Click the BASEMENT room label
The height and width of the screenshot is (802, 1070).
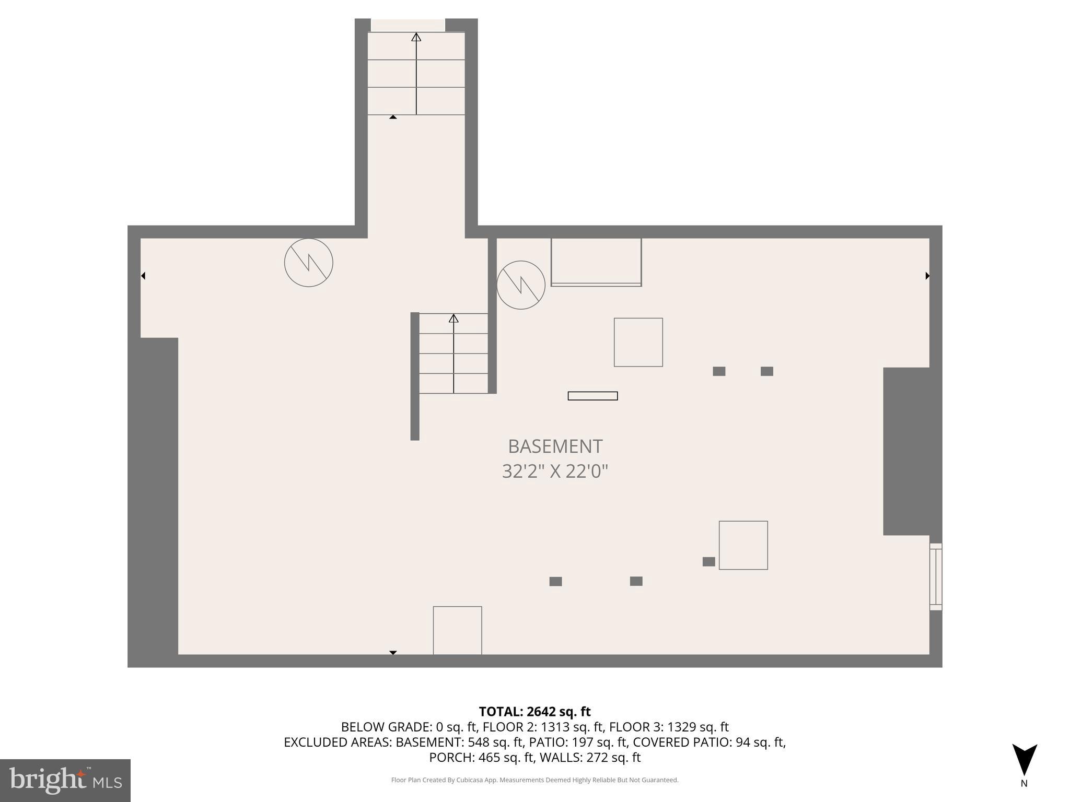[x=555, y=446]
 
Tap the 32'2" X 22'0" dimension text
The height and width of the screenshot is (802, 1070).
[x=555, y=471]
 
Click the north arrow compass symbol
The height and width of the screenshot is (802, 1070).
[x=1024, y=760]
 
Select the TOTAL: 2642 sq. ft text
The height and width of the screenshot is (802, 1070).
[x=534, y=712]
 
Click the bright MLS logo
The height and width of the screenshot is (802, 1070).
[x=65, y=780]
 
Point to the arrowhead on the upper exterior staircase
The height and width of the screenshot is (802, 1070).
[x=416, y=37]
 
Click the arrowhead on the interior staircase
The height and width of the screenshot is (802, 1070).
[x=453, y=318]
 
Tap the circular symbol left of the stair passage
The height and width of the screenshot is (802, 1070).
[x=308, y=263]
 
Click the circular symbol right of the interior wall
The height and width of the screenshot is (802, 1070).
[x=520, y=285]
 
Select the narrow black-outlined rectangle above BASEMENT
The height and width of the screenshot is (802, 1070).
[x=592, y=396]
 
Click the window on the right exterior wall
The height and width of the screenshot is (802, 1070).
[x=935, y=576]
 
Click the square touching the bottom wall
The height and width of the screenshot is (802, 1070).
[x=457, y=630]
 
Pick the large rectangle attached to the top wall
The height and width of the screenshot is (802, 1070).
[x=596, y=262]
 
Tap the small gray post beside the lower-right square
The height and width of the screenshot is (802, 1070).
[x=708, y=562]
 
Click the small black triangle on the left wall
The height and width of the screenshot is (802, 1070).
[x=143, y=276]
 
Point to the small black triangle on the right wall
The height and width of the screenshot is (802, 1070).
[x=927, y=276]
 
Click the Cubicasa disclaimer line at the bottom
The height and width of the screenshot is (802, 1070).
[x=534, y=780]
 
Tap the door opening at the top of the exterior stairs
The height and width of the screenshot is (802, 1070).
[x=408, y=25]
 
